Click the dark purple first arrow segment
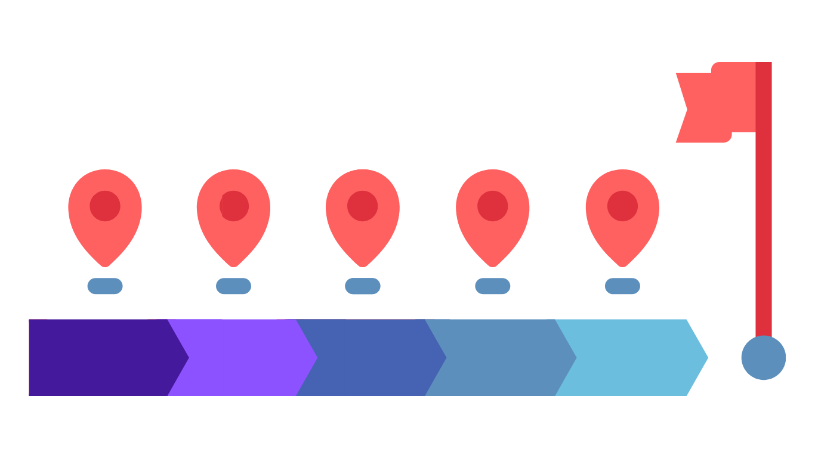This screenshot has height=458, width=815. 98,357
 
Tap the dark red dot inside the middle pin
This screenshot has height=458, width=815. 363,206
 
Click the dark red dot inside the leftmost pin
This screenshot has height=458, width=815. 105,206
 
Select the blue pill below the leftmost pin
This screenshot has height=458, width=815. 105,286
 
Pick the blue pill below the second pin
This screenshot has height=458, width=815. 233,286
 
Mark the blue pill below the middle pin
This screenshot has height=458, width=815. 363,286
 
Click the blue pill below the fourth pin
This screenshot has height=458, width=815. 492,286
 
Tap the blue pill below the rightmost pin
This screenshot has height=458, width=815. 622,286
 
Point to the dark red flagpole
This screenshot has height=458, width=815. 764,239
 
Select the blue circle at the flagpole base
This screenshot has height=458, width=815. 764,358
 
